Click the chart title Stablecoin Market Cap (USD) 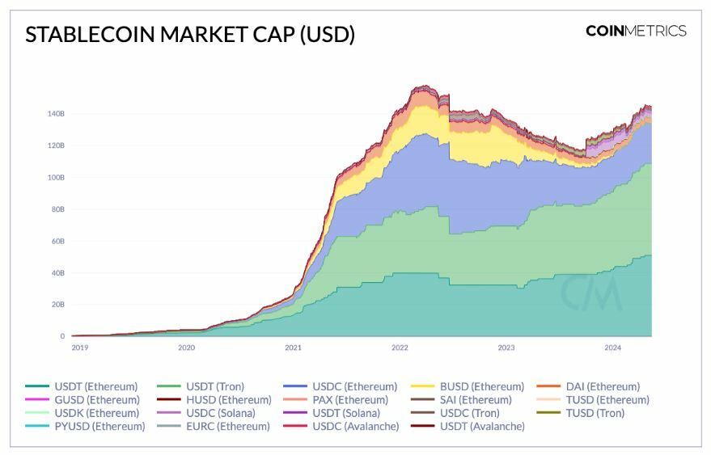pos(190,35)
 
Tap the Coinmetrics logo pos(636,31)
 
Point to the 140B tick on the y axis pos(56,114)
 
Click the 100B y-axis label pos(56,177)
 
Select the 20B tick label pos(57,305)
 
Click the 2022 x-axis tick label pos(400,348)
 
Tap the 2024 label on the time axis pos(613,348)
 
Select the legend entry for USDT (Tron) pos(214,386)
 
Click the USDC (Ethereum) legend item pos(354,386)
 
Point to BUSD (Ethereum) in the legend pos(481,386)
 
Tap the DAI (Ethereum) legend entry pos(603,386)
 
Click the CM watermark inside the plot pos(592,293)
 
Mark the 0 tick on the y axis pos(61,336)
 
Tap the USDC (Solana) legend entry pos(220,413)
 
